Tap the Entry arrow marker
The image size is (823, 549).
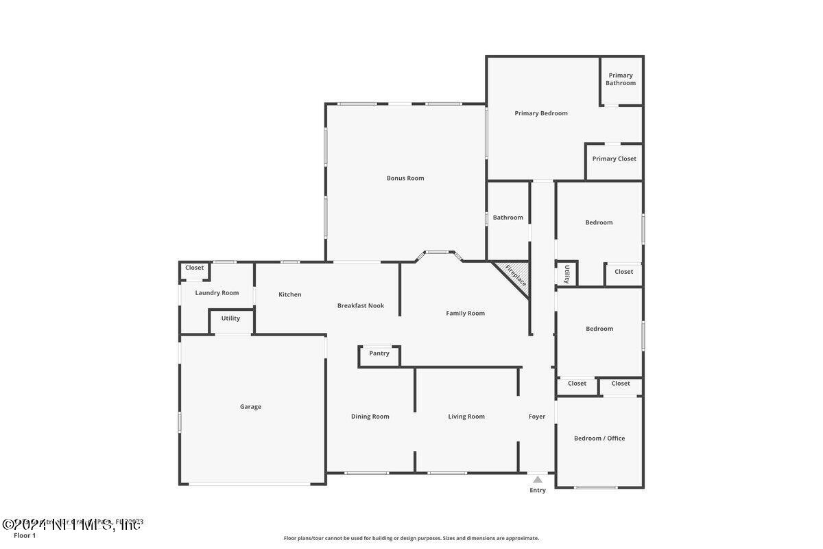(538, 480)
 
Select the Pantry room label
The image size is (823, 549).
(379, 353)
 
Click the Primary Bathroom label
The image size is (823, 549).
(621, 79)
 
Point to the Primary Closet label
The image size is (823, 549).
(614, 159)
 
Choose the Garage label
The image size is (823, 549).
(250, 407)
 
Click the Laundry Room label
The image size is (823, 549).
(217, 293)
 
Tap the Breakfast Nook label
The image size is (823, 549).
(361, 306)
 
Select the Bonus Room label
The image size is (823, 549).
(405, 178)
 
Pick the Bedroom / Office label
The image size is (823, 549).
(599, 439)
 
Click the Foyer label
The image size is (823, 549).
(537, 417)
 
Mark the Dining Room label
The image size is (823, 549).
(370, 417)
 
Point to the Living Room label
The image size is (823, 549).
(466, 417)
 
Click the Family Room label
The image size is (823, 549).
(466, 314)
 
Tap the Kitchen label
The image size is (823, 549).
(290, 295)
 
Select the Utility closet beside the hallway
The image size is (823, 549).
(567, 273)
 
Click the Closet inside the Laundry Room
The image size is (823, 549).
(195, 268)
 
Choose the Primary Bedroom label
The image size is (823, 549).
(541, 113)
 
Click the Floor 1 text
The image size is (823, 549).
(25, 535)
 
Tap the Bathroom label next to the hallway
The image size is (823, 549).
(508, 218)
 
